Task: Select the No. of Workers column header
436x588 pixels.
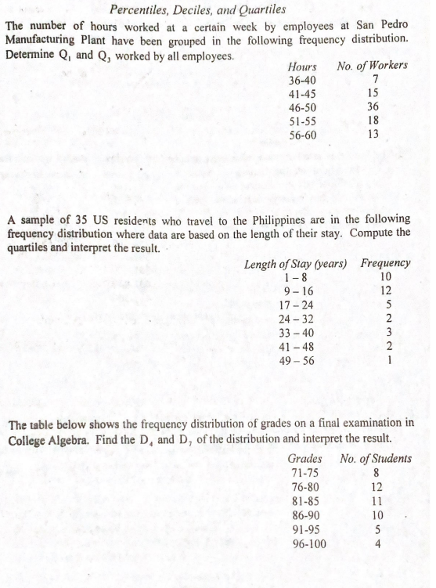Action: pyautogui.click(x=372, y=65)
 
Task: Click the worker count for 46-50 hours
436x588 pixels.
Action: pyautogui.click(x=373, y=107)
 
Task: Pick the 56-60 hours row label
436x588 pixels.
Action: pyautogui.click(x=302, y=135)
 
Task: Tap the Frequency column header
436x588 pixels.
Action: pyautogui.click(x=385, y=263)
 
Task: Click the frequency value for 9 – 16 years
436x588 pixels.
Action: pyautogui.click(x=384, y=291)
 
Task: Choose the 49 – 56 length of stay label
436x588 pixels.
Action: pyautogui.click(x=296, y=361)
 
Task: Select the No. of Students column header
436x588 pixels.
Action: pyautogui.click(x=377, y=457)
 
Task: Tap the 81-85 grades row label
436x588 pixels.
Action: pyautogui.click(x=303, y=500)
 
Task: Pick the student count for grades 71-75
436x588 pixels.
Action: pyautogui.click(x=377, y=472)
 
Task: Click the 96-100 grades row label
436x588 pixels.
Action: pyautogui.click(x=306, y=543)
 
